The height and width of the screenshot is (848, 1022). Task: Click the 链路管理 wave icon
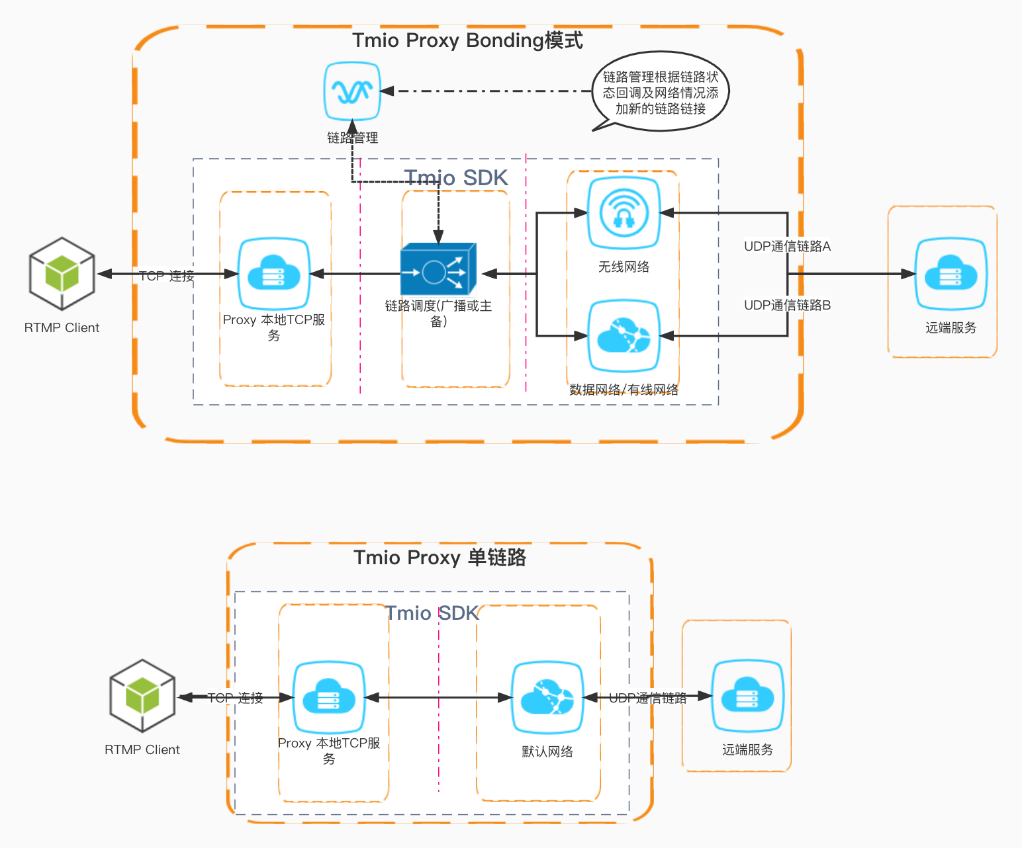pyautogui.click(x=352, y=91)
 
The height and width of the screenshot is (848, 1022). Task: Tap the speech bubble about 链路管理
pyautogui.click(x=661, y=93)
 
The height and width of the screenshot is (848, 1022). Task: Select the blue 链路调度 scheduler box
pyautogui.click(x=438, y=270)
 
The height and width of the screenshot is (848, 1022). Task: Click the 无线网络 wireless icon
pyautogui.click(x=624, y=213)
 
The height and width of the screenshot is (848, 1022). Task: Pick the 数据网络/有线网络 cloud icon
pyautogui.click(x=624, y=336)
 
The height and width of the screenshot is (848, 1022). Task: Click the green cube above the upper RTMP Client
pyautogui.click(x=62, y=274)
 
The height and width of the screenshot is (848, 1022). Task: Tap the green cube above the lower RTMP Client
pyautogui.click(x=142, y=696)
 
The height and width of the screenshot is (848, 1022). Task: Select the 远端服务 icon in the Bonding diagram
pyautogui.click(x=951, y=274)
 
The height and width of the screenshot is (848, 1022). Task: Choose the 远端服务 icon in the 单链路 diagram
pyautogui.click(x=747, y=696)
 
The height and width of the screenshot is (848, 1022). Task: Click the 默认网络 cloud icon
pyautogui.click(x=547, y=697)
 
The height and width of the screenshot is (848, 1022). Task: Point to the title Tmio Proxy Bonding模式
pyautogui.click(x=467, y=40)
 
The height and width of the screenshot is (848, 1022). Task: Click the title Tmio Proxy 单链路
pyautogui.click(x=440, y=558)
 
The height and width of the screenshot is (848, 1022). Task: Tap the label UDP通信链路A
pyautogui.click(x=787, y=246)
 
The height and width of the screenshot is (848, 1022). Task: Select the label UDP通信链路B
pyautogui.click(x=787, y=305)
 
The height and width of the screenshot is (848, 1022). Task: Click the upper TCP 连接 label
pyautogui.click(x=167, y=276)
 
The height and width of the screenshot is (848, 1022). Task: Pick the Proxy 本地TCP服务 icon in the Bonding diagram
pyautogui.click(x=274, y=274)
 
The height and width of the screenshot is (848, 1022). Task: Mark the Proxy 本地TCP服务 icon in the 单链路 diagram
pyautogui.click(x=329, y=697)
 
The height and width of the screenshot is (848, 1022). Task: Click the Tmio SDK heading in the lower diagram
pyautogui.click(x=432, y=613)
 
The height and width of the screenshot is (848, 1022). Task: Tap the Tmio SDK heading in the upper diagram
pyautogui.click(x=456, y=178)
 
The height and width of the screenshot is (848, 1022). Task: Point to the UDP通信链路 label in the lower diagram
pyautogui.click(x=647, y=698)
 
